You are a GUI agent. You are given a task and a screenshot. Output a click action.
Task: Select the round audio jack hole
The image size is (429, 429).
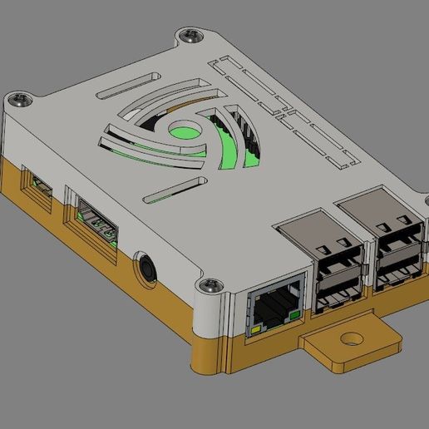point(147,269)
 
